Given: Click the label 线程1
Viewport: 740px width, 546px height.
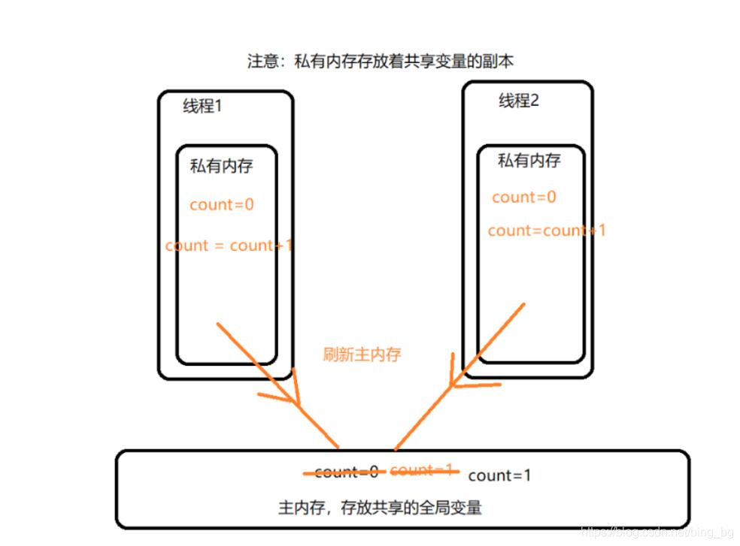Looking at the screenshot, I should click(x=202, y=106).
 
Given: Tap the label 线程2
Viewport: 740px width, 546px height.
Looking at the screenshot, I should click(x=518, y=101).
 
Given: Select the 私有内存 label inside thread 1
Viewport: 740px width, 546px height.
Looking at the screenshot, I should click(x=221, y=166).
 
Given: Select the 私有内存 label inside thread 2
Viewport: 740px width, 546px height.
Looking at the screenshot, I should click(x=529, y=160).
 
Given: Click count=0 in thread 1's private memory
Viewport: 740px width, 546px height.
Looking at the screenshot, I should click(x=222, y=204).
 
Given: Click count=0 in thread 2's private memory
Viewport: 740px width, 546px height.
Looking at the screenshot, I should click(x=524, y=198).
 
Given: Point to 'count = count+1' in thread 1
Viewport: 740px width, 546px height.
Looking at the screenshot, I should click(x=229, y=246).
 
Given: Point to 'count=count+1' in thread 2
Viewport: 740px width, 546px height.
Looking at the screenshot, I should click(x=546, y=231).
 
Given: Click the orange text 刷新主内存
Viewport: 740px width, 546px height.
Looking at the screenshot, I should click(x=362, y=354).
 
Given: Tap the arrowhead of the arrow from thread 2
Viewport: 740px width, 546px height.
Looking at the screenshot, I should click(x=456, y=382).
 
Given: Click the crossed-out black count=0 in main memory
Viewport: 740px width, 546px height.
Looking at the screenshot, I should click(x=346, y=472).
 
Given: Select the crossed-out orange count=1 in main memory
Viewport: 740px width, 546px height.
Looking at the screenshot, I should click(x=422, y=470).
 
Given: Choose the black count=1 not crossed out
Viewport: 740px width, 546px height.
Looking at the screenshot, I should click(x=499, y=475).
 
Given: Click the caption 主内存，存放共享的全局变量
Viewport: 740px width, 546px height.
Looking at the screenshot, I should click(x=380, y=508).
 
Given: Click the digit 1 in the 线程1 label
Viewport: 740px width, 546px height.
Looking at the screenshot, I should click(x=218, y=106).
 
